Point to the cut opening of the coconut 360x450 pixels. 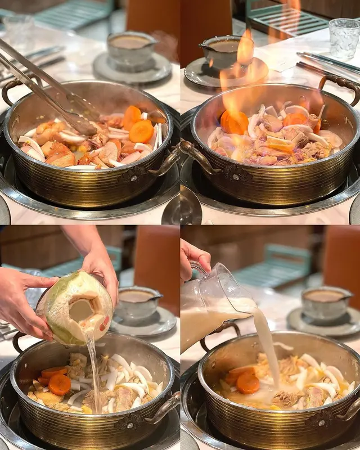pyautogui.click(x=82, y=309)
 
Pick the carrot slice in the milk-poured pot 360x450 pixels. pyautogui.click(x=247, y=383)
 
